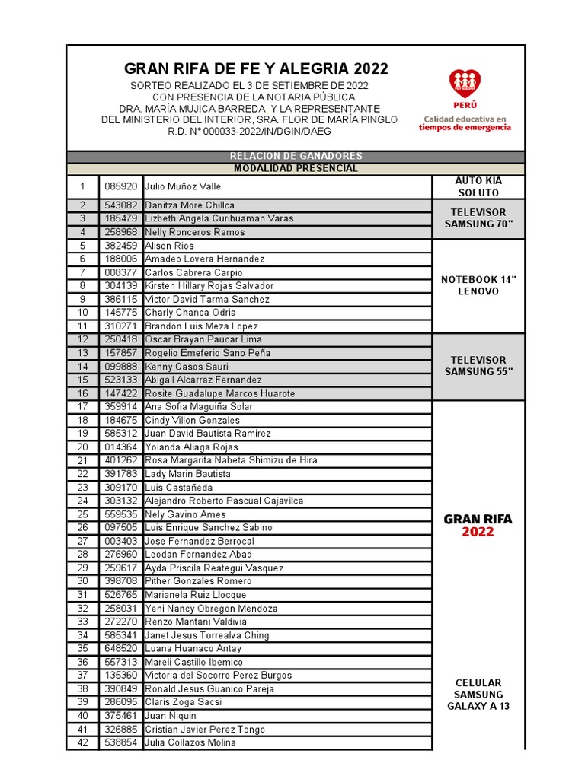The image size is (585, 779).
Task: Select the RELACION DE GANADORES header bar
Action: pyautogui.click(x=296, y=157)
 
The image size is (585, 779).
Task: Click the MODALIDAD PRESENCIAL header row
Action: pyautogui.click(x=296, y=168)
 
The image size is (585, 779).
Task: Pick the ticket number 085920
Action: pyautogui.click(x=120, y=186)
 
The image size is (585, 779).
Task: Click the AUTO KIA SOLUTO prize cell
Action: pyautogui.click(x=478, y=186)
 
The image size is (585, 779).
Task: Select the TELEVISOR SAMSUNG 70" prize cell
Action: pyautogui.click(x=478, y=218)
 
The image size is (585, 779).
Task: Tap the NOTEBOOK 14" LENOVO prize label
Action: pyautogui.click(x=478, y=285)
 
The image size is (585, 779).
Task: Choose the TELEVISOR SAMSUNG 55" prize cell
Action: pyautogui.click(x=478, y=366)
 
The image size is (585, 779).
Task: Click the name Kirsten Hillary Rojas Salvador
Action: pyautogui.click(x=209, y=286)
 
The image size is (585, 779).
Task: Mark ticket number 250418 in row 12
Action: pyautogui.click(x=120, y=339)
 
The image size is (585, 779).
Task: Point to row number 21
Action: pyautogui.click(x=82, y=460)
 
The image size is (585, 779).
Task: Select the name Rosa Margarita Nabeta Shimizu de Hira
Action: pyautogui.click(x=231, y=460)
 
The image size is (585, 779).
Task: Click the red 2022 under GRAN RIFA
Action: pyautogui.click(x=478, y=533)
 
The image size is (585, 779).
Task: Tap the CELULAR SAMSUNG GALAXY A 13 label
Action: pyautogui.click(x=478, y=694)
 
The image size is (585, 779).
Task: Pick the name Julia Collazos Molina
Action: pyautogui.click(x=190, y=742)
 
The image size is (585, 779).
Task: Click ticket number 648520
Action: pyautogui.click(x=120, y=648)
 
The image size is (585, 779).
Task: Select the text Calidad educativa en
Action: pyautogui.click(x=465, y=119)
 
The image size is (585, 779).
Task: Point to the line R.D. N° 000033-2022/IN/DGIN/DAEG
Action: pyautogui.click(x=250, y=131)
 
